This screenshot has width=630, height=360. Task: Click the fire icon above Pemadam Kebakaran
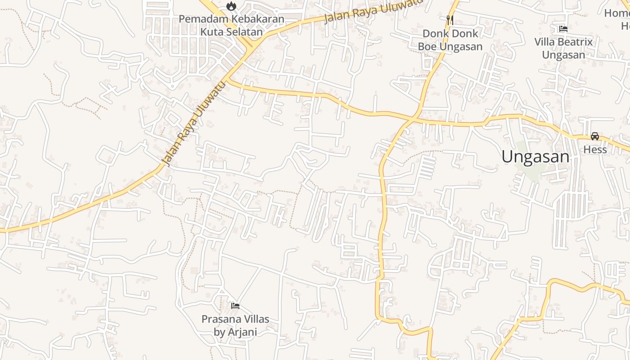tap(231, 6)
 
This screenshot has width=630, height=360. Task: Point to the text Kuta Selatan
tap(231, 32)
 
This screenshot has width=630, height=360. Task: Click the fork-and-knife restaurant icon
tap(450, 20)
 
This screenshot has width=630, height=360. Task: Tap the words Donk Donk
tap(450, 34)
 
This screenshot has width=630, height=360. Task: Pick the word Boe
tap(428, 47)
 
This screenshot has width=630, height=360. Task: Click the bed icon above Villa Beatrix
tap(563, 29)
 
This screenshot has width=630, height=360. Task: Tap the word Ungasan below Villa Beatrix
tap(563, 55)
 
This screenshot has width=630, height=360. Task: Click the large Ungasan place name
tap(535, 157)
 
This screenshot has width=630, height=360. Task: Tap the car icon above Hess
tap(595, 136)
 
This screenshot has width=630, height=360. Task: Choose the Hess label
tap(595, 150)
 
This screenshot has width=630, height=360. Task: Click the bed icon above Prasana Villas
tap(235, 306)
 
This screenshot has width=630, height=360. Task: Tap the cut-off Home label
tap(617, 13)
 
